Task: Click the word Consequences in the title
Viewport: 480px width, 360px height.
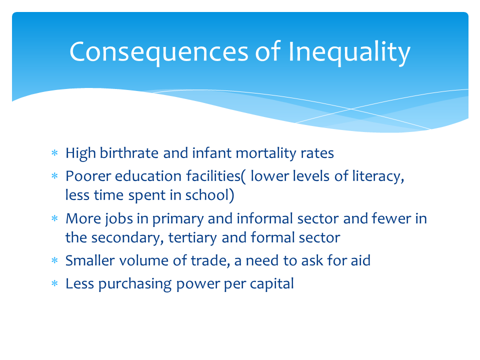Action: pos(159,52)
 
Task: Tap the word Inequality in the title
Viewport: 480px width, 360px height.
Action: pos(349,52)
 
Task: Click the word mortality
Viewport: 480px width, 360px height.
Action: pos(266,153)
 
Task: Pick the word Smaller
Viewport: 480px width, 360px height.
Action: pos(90,260)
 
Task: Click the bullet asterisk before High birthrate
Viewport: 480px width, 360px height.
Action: pos(55,153)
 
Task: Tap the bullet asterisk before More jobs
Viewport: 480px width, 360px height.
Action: pos(55,218)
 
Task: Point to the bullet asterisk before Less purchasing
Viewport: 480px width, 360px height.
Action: pos(55,284)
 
